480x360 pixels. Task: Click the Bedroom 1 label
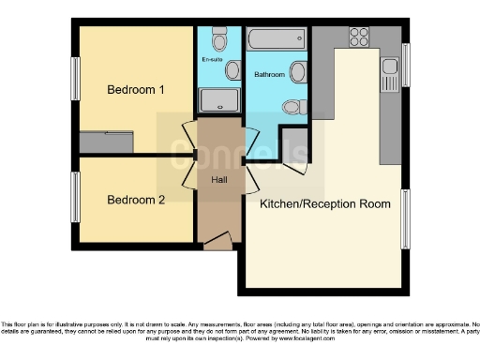136,91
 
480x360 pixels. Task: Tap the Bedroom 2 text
136,200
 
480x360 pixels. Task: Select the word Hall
218,178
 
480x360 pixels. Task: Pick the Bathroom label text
271,74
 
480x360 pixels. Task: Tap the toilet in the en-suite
219,40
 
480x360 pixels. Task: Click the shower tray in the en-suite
218,100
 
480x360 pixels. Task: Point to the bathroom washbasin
298,72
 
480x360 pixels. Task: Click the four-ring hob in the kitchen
358,37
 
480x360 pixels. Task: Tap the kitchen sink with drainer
390,73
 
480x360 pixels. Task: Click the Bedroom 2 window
76,198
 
